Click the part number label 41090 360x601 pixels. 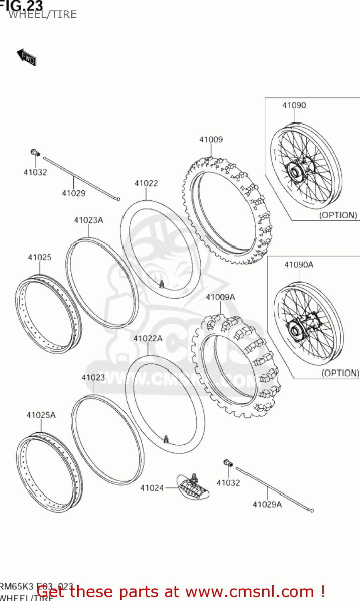294,105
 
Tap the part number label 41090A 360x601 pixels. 299,265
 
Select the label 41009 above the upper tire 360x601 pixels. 211,139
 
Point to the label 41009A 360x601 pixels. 220,297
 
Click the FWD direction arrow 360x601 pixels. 26,57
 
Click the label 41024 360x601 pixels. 152,488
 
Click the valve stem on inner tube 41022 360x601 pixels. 162,284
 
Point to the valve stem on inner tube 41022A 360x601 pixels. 166,440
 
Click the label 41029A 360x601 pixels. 267,505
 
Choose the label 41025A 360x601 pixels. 41,415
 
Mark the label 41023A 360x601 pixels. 88,220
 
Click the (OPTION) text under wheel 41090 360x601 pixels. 338,215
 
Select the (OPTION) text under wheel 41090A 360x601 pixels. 340,373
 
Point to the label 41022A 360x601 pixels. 148,339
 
